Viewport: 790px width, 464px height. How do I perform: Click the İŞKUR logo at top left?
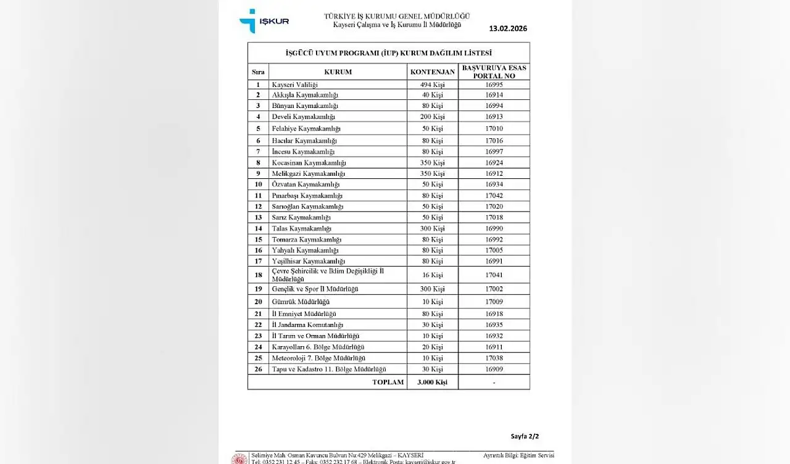click(x=264, y=20)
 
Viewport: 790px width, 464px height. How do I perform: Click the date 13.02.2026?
click(x=508, y=28)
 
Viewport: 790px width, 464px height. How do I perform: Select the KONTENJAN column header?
click(x=433, y=72)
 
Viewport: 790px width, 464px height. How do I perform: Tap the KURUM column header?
click(x=338, y=72)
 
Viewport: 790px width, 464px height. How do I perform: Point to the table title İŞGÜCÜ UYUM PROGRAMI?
click(x=389, y=53)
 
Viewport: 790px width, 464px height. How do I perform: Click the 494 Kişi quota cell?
click(x=432, y=85)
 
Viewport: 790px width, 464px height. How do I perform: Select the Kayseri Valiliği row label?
click(x=295, y=85)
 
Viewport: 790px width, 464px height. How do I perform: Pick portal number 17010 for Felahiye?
click(x=494, y=128)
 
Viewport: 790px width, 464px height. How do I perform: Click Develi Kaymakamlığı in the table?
click(x=304, y=117)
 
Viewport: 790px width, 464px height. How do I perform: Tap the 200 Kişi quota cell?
click(x=432, y=117)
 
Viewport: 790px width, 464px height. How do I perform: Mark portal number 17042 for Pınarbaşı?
click(x=494, y=195)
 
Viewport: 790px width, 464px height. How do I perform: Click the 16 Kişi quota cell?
click(x=432, y=275)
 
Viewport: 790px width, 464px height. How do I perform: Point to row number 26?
click(x=258, y=369)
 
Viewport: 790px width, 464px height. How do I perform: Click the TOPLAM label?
click(x=388, y=382)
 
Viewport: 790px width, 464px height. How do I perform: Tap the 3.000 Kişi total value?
click(x=432, y=382)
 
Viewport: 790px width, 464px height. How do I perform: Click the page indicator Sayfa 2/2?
click(x=525, y=436)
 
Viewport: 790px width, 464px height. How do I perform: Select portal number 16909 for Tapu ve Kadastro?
click(x=494, y=369)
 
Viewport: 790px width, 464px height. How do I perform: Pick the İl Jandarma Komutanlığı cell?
click(x=307, y=325)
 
